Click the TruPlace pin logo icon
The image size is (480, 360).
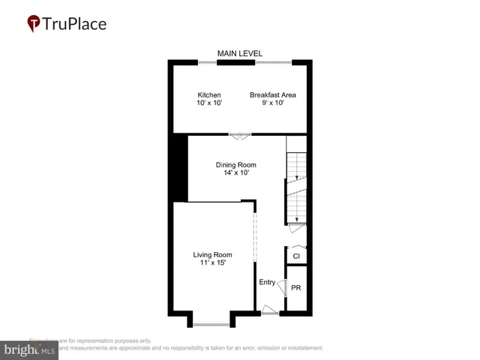click(34, 24)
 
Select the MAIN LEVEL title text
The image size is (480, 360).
click(238, 53)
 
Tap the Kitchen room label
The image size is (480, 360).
click(209, 95)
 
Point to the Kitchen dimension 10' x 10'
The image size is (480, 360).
click(209, 104)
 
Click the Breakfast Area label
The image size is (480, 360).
click(273, 95)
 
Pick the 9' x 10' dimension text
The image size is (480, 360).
click(273, 104)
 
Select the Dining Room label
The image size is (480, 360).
click(236, 165)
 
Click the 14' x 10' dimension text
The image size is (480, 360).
click(236, 173)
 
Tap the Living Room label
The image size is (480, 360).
click(212, 254)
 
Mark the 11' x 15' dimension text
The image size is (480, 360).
click(212, 263)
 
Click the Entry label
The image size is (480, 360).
click(267, 282)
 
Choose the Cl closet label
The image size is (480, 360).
click(296, 256)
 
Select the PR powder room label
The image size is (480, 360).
click(296, 288)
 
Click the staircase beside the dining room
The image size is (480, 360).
click(297, 187)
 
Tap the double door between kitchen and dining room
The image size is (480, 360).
click(241, 136)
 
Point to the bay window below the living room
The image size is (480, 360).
click(211, 323)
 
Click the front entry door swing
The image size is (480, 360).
click(268, 309)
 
